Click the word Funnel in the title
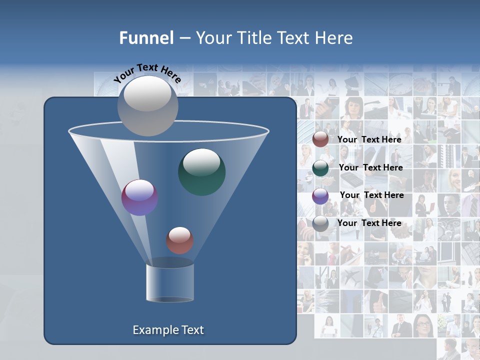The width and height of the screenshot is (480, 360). tap(146, 38)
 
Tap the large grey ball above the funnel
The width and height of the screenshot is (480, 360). tap(148, 105)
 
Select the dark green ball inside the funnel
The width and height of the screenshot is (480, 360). tap(201, 172)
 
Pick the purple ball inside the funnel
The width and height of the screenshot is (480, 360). tap(139, 197)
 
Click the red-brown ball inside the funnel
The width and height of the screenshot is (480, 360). tap(179, 240)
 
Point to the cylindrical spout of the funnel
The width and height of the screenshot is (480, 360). tap(170, 283)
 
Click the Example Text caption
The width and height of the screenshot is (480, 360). tap(168, 330)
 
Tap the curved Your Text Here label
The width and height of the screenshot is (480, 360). tap(148, 72)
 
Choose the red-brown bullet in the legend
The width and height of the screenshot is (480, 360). tap(320, 139)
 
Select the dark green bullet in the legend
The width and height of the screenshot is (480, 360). tap(320, 168)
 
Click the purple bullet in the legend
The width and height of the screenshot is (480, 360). tap(320, 196)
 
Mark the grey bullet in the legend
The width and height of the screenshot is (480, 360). tap(320, 223)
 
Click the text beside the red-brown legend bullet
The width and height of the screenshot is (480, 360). tap(369, 139)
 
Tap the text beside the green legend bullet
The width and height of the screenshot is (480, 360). tap(370, 167)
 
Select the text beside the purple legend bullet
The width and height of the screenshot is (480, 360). tap(371, 195)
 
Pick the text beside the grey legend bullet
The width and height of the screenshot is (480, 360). tap(369, 223)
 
